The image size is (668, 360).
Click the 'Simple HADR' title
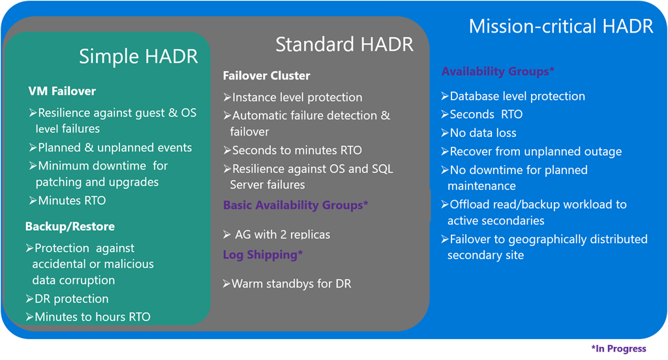tap(138, 56)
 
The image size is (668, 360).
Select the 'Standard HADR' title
tap(344, 44)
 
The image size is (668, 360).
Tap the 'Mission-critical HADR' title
tap(560, 27)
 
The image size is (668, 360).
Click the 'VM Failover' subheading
tap(62, 91)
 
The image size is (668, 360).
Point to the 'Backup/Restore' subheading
tap(70, 226)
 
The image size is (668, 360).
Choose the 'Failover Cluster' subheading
tap(266, 76)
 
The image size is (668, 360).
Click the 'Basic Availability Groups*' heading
tap(296, 205)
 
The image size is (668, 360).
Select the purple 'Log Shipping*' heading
tap(263, 255)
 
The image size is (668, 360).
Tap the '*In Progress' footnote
tap(618, 348)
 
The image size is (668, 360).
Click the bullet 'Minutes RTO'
tap(67, 200)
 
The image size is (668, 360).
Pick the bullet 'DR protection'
tap(67, 299)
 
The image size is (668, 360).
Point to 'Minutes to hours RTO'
tap(88, 317)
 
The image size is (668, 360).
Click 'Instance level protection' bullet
tap(293, 97)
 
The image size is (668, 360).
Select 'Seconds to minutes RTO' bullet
tap(293, 151)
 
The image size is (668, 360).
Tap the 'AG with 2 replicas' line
tap(277, 234)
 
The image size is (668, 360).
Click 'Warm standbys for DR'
tap(287, 284)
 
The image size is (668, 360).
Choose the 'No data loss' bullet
tap(478, 133)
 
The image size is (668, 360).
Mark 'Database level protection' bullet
tap(513, 97)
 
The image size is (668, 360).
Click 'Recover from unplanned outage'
tap(531, 152)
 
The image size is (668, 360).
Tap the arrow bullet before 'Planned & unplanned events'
tap(33, 147)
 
